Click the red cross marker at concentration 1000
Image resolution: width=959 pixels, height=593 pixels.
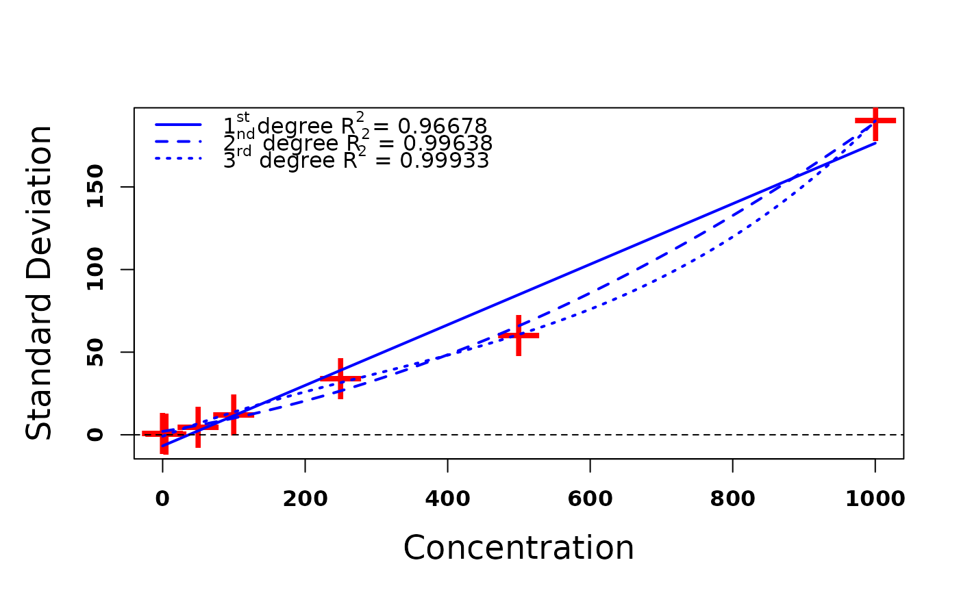875,121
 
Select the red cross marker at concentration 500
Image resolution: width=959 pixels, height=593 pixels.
519,336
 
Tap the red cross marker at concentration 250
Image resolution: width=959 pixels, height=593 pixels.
340,378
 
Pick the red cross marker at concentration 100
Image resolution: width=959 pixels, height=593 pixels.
234,414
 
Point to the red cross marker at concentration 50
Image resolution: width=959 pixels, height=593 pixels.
198,427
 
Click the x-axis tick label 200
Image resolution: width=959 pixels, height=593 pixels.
305,499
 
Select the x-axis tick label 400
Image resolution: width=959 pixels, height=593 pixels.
447,499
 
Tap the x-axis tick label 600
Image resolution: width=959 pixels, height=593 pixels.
590,499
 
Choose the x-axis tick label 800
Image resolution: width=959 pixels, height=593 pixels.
732,499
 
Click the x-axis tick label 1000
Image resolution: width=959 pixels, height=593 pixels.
875,499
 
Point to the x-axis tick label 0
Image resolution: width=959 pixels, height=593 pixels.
162,499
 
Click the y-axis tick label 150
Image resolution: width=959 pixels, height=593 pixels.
96,187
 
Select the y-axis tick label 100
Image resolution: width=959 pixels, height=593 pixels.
96,270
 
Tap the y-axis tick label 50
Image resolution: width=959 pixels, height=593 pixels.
96,352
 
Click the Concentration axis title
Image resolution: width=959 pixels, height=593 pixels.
519,548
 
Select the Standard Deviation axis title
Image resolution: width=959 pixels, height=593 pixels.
39,283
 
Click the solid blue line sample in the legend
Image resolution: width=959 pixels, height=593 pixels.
179,125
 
